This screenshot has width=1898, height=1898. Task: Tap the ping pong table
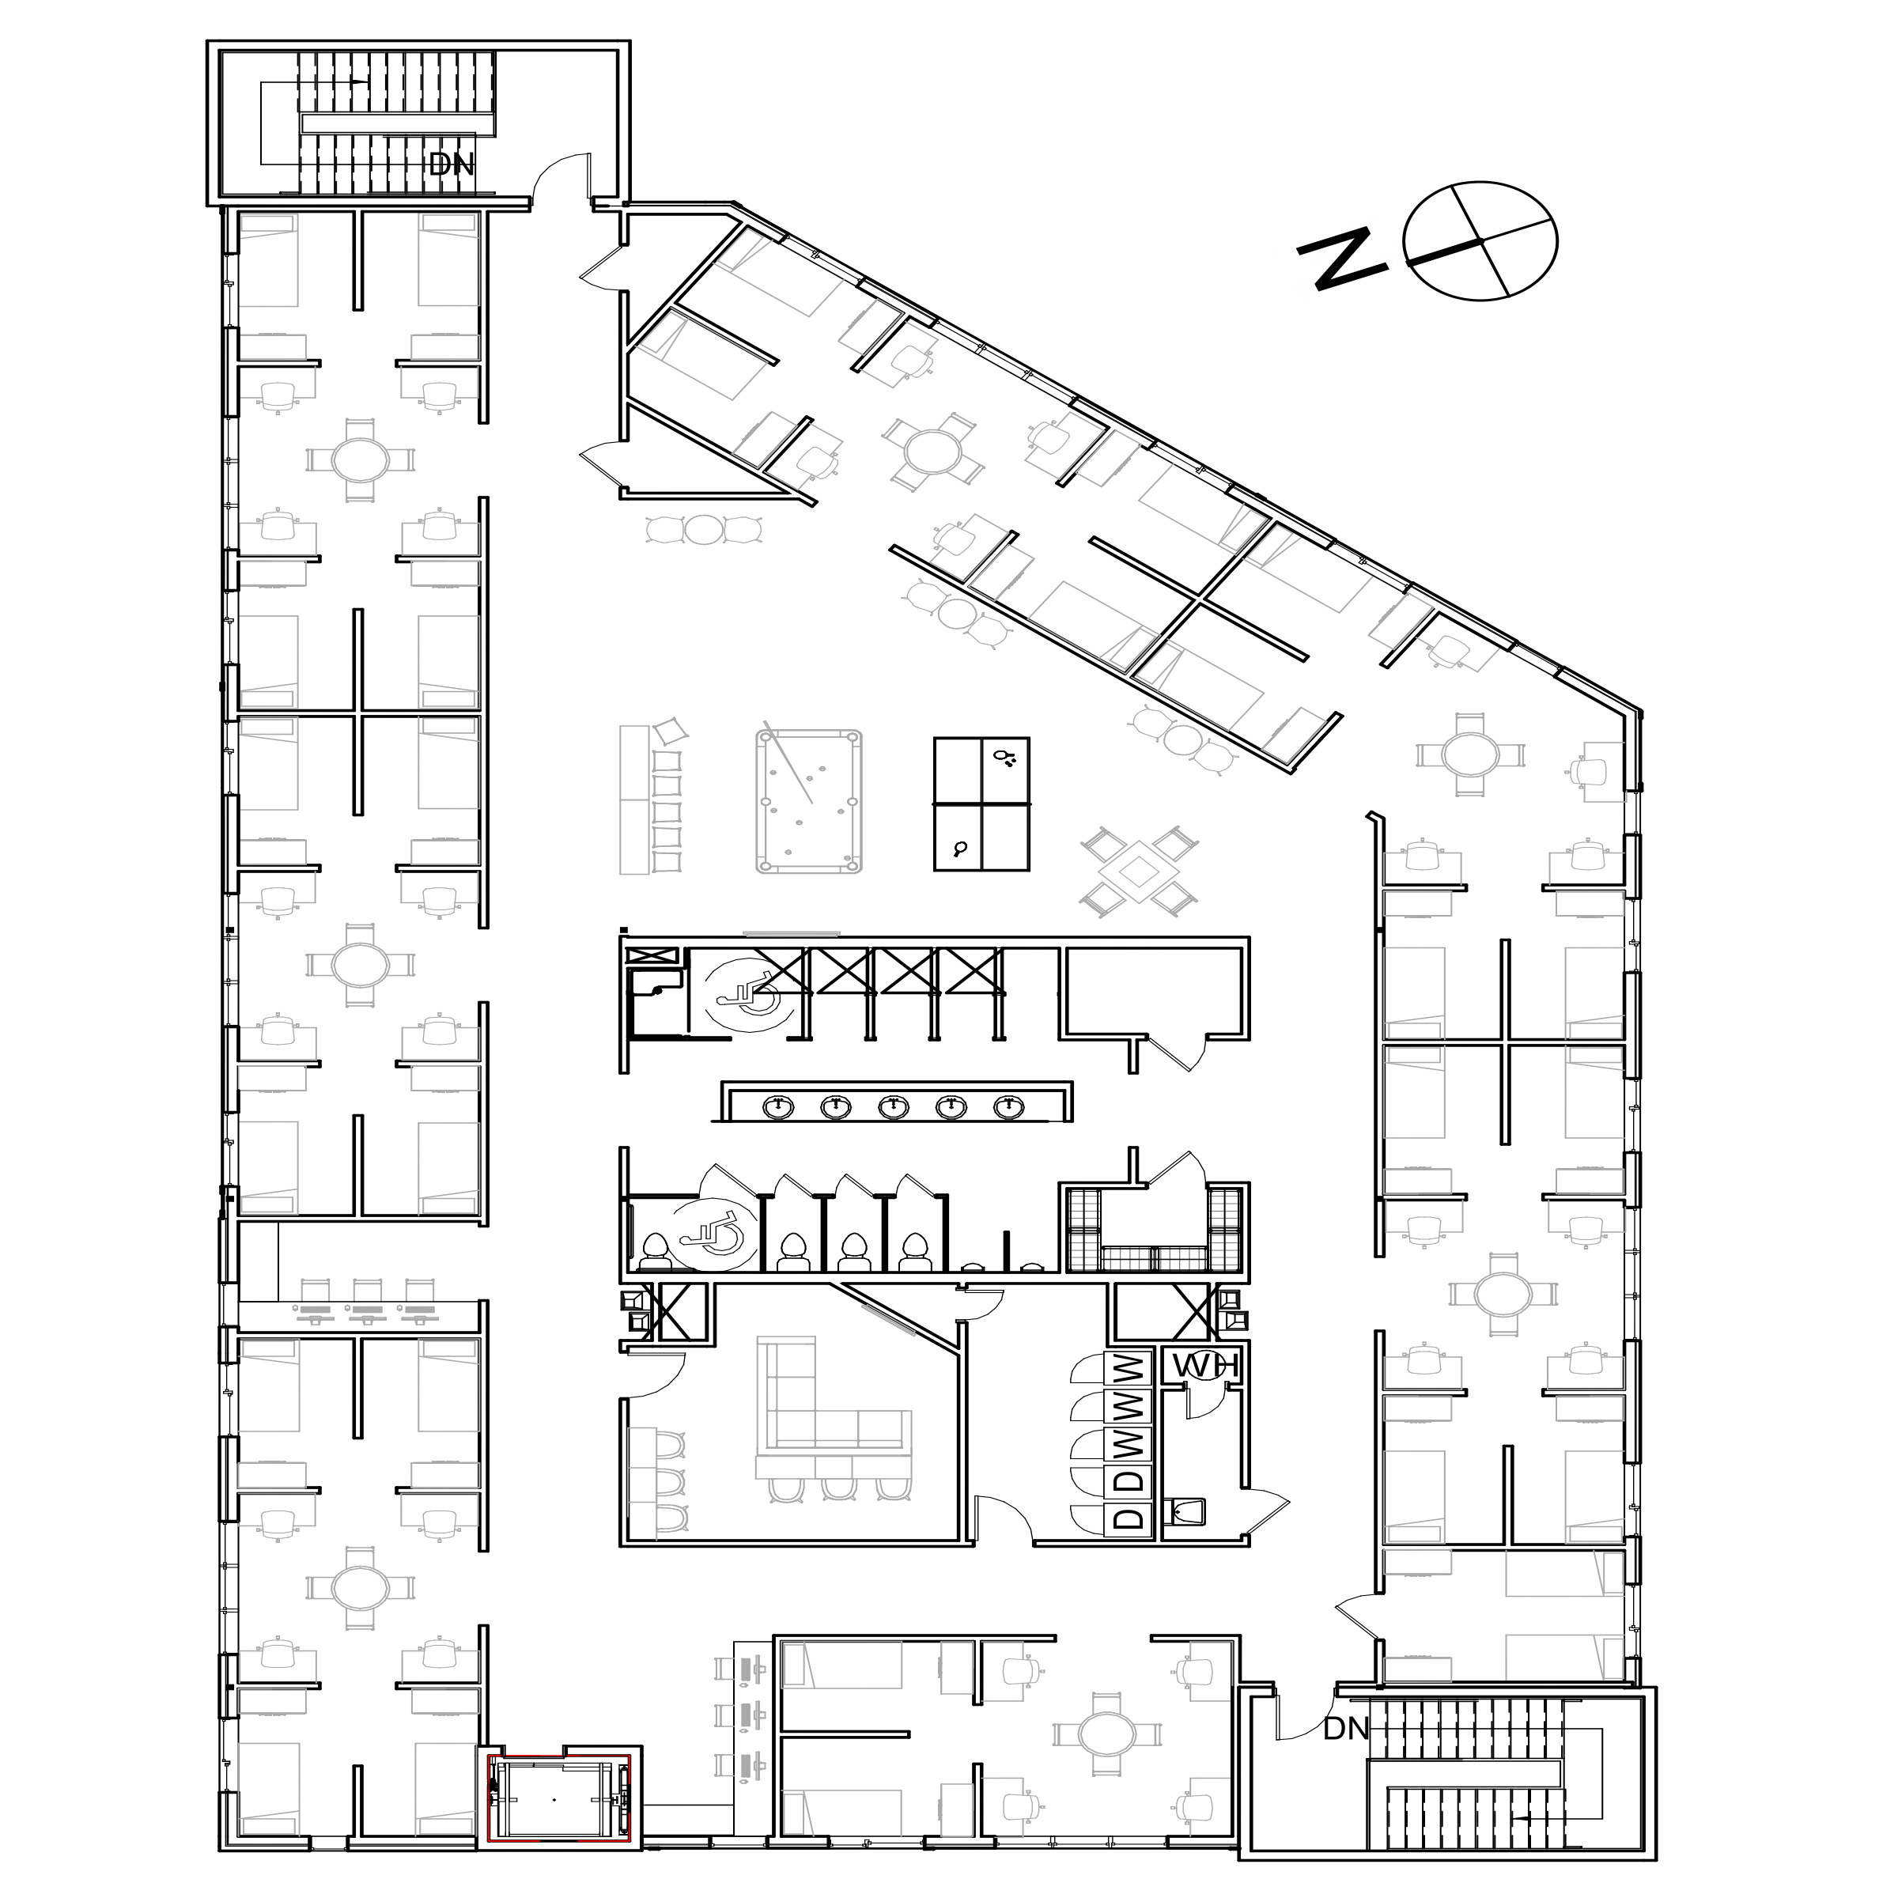tap(981, 803)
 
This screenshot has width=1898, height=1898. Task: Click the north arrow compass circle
tap(1480, 240)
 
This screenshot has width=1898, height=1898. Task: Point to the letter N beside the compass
tap(1343, 259)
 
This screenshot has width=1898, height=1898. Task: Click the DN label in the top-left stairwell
tap(452, 164)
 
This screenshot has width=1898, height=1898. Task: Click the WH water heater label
tap(1200, 1367)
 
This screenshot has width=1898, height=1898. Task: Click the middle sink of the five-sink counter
tap(892, 1107)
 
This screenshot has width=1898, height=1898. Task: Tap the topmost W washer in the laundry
tap(1130, 1367)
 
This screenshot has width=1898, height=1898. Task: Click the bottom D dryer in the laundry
tap(1130, 1518)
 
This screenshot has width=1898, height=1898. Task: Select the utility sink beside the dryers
tap(1185, 1511)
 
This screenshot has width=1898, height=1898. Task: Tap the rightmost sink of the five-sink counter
tap(1006, 1107)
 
